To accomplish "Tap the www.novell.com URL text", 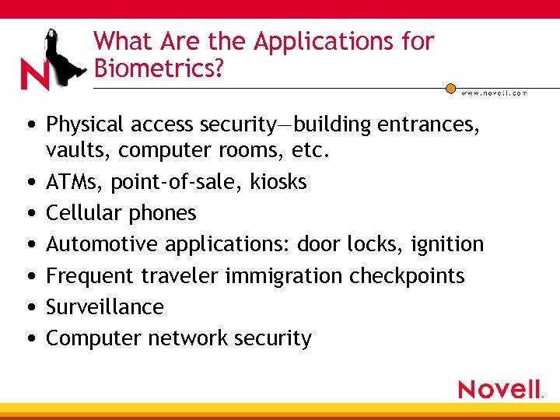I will (x=494, y=93).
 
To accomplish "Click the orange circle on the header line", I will (x=450, y=88).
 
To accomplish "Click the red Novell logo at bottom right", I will (x=500, y=389).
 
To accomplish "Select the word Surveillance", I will (x=105, y=307).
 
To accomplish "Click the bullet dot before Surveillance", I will (x=28, y=307).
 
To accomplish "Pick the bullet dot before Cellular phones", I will (x=28, y=213).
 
